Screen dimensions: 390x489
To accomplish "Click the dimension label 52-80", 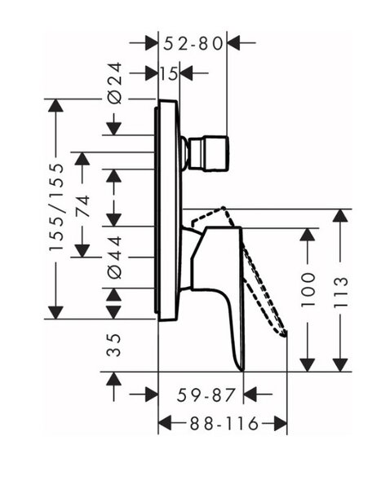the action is pyautogui.click(x=193, y=44).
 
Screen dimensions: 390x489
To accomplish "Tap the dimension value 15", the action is pyautogui.click(x=169, y=74).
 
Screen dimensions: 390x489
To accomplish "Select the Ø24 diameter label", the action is pyautogui.click(x=114, y=83).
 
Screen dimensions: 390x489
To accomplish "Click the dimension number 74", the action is pyautogui.click(x=82, y=206).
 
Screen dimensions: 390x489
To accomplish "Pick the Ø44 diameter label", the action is pyautogui.click(x=114, y=258).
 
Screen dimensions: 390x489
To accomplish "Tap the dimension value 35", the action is pyautogui.click(x=113, y=345).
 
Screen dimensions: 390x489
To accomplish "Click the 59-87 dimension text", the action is pyautogui.click(x=206, y=395).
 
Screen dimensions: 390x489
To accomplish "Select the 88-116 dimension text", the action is pyautogui.click(x=224, y=423).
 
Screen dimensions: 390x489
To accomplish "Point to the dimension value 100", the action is pyautogui.click(x=308, y=289).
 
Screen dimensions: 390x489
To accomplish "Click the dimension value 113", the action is pyautogui.click(x=340, y=293).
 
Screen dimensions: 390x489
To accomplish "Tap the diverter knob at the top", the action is pyautogui.click(x=207, y=153).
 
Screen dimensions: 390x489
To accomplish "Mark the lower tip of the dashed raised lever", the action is pyautogui.click(x=284, y=335).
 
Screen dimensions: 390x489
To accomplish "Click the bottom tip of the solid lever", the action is pyautogui.click(x=242, y=370).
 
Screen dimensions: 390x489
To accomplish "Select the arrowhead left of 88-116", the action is pyautogui.click(x=165, y=423).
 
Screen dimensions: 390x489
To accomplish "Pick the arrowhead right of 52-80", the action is pyautogui.click(x=233, y=42).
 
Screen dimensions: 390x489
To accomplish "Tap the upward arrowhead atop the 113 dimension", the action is pyautogui.click(x=340, y=216).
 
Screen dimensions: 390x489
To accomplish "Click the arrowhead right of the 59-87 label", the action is pyautogui.click(x=250, y=394).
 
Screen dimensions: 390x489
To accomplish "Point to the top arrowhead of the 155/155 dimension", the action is pyautogui.click(x=56, y=105).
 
